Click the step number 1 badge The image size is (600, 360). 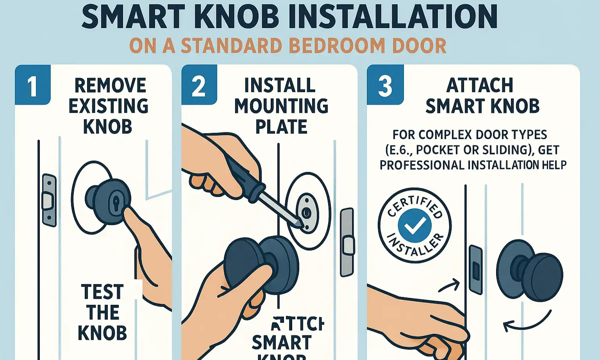[x=32, y=86]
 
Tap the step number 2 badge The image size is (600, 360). [x=198, y=86]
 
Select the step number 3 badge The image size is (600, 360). [x=385, y=86]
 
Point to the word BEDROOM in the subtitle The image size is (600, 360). [x=337, y=46]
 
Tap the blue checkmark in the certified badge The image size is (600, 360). [x=414, y=225]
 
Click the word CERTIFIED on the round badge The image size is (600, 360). [x=415, y=204]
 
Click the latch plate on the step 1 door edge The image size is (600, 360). [x=49, y=200]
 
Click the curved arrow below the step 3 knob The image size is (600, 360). [x=527, y=322]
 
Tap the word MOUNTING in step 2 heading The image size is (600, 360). [x=281, y=106]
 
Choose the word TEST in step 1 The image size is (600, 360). [x=102, y=292]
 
